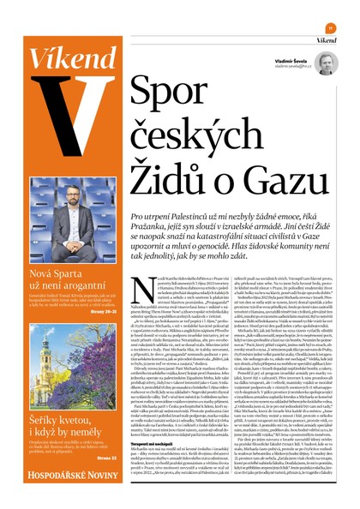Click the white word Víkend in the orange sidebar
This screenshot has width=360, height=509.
click(61, 58)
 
